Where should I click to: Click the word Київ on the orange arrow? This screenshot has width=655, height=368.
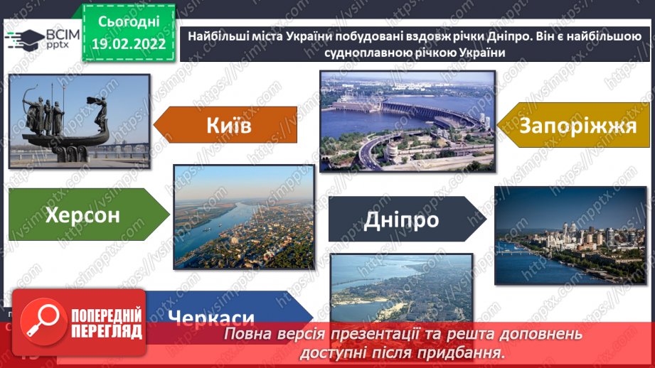click(229, 126)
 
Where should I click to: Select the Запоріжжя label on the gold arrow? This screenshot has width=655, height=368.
click(577, 126)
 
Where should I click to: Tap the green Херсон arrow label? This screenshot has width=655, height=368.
click(83, 215)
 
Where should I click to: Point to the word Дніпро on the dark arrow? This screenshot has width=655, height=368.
click(401, 220)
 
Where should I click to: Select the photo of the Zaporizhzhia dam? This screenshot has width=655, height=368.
click(407, 121)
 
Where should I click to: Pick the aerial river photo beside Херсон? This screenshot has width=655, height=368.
click(244, 217)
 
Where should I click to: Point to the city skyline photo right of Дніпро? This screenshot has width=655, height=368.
click(561, 234)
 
